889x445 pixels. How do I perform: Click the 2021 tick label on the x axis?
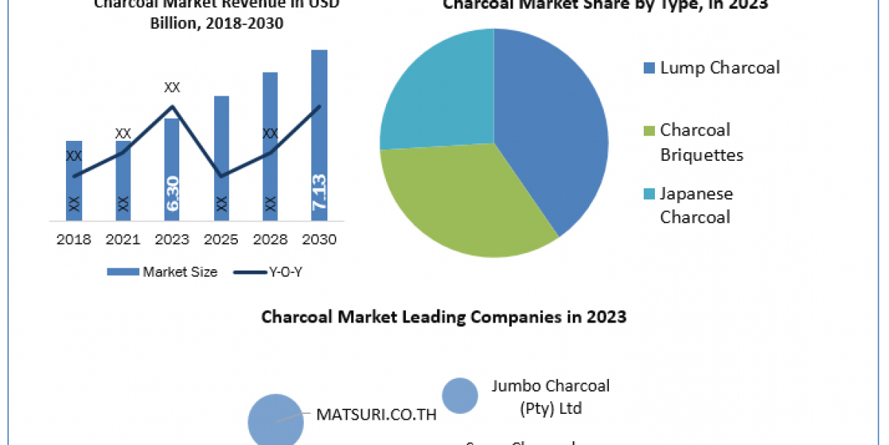point(123,240)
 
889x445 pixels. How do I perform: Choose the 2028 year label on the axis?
point(270,240)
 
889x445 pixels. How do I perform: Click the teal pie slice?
point(437,93)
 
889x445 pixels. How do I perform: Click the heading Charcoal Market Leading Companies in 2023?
point(444,317)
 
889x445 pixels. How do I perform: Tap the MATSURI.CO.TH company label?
point(376,415)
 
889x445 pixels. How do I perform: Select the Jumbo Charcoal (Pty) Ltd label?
point(550,397)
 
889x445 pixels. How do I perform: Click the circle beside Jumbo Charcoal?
point(460,396)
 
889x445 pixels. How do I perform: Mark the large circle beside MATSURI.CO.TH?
point(276,421)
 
